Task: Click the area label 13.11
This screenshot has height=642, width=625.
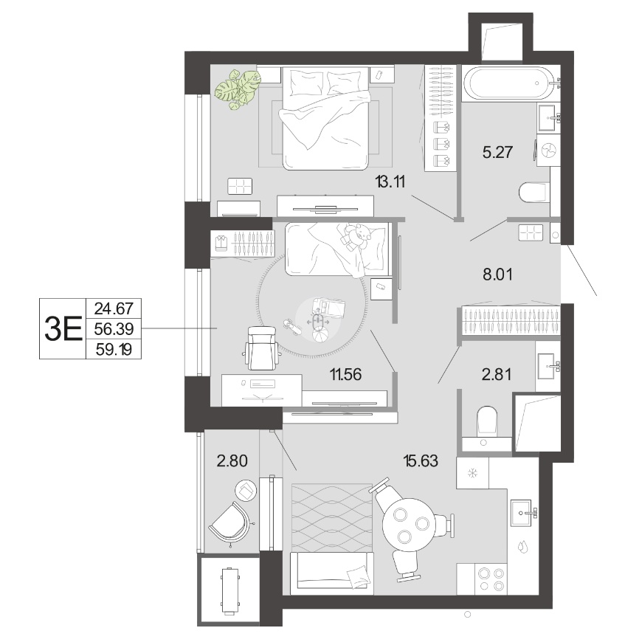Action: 390,182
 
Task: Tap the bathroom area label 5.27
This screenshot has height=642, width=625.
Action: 497,152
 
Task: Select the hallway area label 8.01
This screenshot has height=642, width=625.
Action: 497,274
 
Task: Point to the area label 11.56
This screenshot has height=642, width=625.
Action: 346,374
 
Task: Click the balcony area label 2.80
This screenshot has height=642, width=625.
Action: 232,461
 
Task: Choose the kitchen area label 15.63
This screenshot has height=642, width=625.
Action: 421,461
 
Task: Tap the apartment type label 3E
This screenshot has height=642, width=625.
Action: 63,329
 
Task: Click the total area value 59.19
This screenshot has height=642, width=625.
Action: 114,349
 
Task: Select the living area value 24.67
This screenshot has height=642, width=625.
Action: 114,308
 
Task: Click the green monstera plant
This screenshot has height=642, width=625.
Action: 238,89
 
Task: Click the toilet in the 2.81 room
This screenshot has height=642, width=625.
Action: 487,420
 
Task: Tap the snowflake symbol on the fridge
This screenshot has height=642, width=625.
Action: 473,473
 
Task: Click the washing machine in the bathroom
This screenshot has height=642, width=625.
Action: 548,151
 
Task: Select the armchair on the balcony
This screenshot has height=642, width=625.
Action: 229,523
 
